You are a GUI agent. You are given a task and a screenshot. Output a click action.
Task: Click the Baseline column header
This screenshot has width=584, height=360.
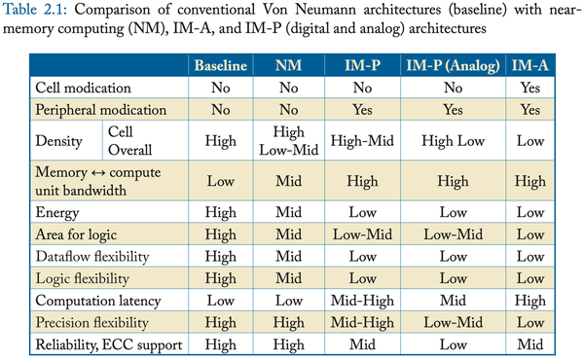pyautogui.click(x=221, y=66)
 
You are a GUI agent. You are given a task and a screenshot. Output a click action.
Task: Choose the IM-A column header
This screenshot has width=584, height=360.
pyautogui.click(x=529, y=66)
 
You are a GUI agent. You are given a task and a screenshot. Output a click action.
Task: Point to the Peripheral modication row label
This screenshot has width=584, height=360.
pyautogui.click(x=99, y=110)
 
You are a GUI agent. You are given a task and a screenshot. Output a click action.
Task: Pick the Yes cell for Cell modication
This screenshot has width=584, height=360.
pyautogui.click(x=529, y=89)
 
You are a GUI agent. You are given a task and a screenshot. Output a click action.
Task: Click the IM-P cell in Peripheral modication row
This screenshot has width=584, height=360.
pyautogui.click(x=354, y=110)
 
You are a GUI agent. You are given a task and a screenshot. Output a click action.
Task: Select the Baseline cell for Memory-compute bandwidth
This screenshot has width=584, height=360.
pyautogui.click(x=221, y=180)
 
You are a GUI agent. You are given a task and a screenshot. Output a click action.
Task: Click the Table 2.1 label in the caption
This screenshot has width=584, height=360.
pyautogui.click(x=40, y=12)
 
